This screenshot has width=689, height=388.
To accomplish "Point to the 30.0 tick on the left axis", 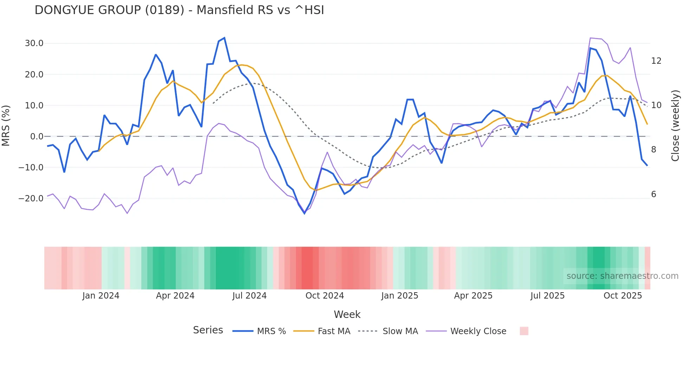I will click(x=34, y=43).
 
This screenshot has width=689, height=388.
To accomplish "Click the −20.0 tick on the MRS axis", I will click(x=31, y=198).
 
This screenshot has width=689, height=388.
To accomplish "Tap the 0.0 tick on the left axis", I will click(x=37, y=136).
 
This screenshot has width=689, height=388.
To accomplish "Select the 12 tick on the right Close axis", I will click(x=656, y=61).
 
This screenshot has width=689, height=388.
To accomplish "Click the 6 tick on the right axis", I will click(x=653, y=194).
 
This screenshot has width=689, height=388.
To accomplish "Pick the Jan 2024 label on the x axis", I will click(x=101, y=296).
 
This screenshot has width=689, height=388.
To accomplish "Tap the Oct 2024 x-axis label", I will click(x=324, y=296).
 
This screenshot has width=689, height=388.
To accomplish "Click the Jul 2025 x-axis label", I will click(x=547, y=296).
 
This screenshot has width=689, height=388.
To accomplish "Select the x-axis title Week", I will click(x=347, y=314).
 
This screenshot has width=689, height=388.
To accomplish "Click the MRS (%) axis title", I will click(x=6, y=125).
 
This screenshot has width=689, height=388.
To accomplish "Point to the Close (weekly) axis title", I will click(x=675, y=126).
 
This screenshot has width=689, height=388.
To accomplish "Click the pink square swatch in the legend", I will click(x=524, y=331).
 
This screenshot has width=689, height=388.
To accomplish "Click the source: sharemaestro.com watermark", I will click(x=622, y=276).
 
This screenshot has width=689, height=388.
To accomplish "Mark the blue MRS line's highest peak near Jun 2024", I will click(x=224, y=38).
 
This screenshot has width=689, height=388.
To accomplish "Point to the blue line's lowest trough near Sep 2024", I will click(x=305, y=213).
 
